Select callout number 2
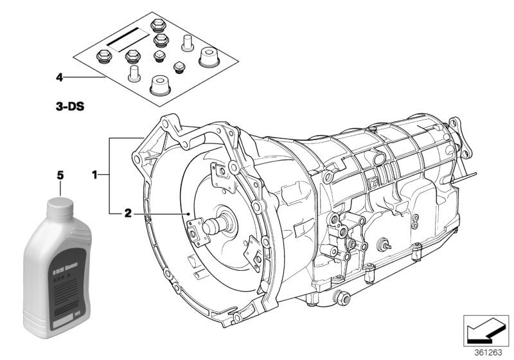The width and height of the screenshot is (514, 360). tap(127, 213)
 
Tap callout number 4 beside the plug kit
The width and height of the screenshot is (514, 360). tap(59, 77)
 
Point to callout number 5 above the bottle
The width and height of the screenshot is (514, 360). tap(60, 174)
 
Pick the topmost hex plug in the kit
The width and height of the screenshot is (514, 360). tap(157, 25)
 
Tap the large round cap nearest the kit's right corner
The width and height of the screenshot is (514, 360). tap(208, 57)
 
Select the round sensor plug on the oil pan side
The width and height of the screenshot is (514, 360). tap(384, 244)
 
